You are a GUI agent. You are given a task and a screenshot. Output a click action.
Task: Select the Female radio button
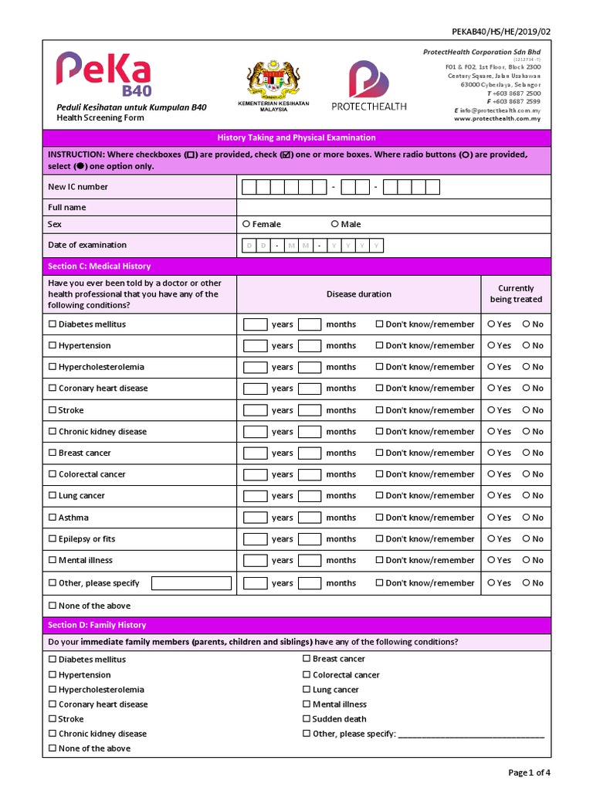coord(246,224)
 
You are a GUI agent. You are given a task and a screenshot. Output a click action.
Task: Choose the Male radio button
coord(334,224)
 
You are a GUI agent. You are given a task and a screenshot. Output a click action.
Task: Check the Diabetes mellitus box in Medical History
coord(53,324)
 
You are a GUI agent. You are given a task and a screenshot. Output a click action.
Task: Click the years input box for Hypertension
coord(255,346)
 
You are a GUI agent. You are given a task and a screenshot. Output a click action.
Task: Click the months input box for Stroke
coord(310,410)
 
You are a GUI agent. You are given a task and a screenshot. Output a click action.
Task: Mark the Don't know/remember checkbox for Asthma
coord(379,518)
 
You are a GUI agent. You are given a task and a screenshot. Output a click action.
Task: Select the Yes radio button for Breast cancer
coord(491,453)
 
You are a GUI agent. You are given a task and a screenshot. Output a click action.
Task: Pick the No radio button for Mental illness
coord(527,560)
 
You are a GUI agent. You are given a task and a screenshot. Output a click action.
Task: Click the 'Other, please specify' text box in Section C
coord(191,583)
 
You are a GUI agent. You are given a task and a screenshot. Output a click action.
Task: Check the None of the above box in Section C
coord(53,606)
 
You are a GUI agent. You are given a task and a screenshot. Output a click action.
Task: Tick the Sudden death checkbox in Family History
coord(307,719)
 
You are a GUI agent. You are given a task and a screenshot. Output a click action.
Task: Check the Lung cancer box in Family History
coord(307,690)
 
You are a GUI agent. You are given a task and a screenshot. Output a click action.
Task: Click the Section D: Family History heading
coord(97,625)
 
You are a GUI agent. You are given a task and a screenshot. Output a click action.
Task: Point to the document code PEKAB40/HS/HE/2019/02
coord(501,31)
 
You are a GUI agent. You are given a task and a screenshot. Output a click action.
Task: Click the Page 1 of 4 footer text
coord(529,772)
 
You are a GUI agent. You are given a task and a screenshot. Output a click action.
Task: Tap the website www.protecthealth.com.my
coord(496,119)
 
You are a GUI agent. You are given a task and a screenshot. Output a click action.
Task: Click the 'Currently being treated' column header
coord(516,294)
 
